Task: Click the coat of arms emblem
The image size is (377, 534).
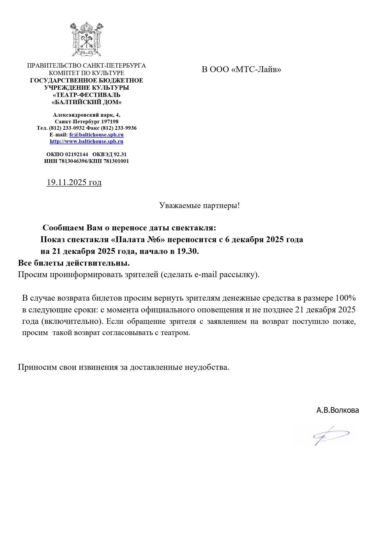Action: coord(86,39)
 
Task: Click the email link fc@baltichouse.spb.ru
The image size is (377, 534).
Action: coord(96,135)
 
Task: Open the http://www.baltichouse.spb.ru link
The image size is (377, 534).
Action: coord(86,141)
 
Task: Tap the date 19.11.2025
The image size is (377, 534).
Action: coord(67,182)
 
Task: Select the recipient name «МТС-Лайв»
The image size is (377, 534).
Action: coord(256,70)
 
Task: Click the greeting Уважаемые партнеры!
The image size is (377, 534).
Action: coord(199,206)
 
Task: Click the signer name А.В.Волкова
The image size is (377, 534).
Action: coord(337,410)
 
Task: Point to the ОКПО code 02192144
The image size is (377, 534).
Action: coord(77,154)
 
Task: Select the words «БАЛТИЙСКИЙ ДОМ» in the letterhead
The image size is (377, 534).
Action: coord(86,102)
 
